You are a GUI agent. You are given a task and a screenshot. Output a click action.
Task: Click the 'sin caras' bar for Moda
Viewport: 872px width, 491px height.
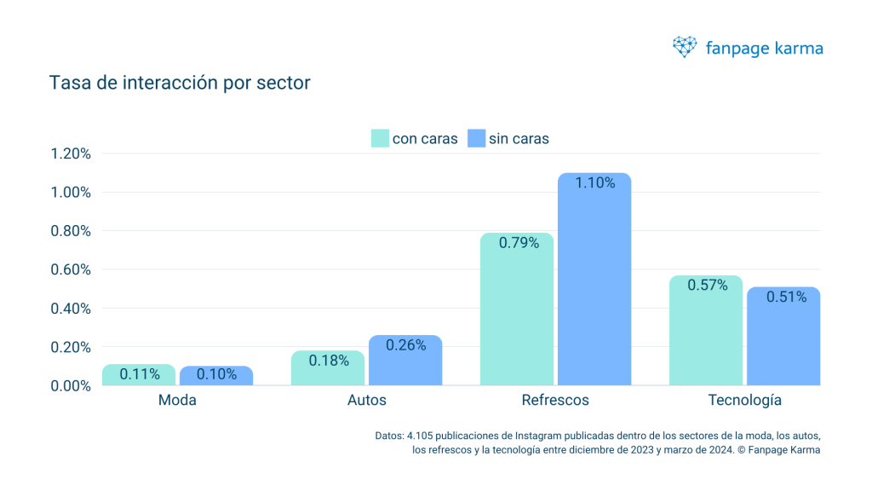point(216,376)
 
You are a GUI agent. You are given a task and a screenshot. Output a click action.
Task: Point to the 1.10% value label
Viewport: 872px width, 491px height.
point(594,182)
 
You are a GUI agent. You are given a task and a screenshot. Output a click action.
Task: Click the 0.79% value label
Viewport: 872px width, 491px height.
point(518,243)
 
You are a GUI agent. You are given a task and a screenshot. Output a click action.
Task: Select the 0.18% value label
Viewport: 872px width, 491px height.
point(329,361)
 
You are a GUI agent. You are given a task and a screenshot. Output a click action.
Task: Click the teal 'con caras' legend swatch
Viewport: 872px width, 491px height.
point(380,138)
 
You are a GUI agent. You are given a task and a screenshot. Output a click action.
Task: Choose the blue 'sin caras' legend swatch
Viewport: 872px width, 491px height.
point(476,138)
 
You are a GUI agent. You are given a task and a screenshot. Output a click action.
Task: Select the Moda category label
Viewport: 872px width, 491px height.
point(177,401)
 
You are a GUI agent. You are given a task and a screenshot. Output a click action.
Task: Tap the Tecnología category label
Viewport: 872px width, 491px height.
point(745,401)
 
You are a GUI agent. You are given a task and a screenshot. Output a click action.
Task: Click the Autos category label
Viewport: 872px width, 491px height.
point(367,401)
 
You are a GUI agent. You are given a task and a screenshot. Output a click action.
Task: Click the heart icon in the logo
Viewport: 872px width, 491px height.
point(685,48)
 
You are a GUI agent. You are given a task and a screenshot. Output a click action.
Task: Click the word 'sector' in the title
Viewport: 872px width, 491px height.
point(284,84)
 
